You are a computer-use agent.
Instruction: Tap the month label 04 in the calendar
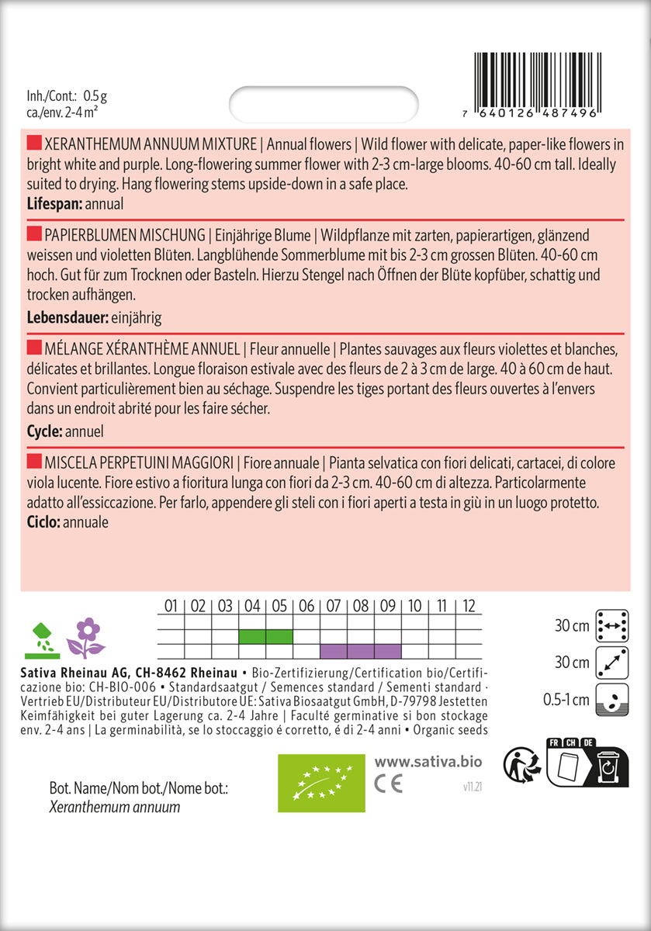[x=252, y=606]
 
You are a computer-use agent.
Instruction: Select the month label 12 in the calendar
[x=468, y=606]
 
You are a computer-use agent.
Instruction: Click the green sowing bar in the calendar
[x=265, y=637]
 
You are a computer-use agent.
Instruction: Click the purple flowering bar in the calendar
[x=360, y=651]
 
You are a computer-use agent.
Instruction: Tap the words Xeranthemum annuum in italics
[x=114, y=808]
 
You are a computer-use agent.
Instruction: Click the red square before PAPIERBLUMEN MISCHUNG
[x=33, y=235]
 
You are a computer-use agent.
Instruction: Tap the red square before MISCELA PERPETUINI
[x=33, y=463]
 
